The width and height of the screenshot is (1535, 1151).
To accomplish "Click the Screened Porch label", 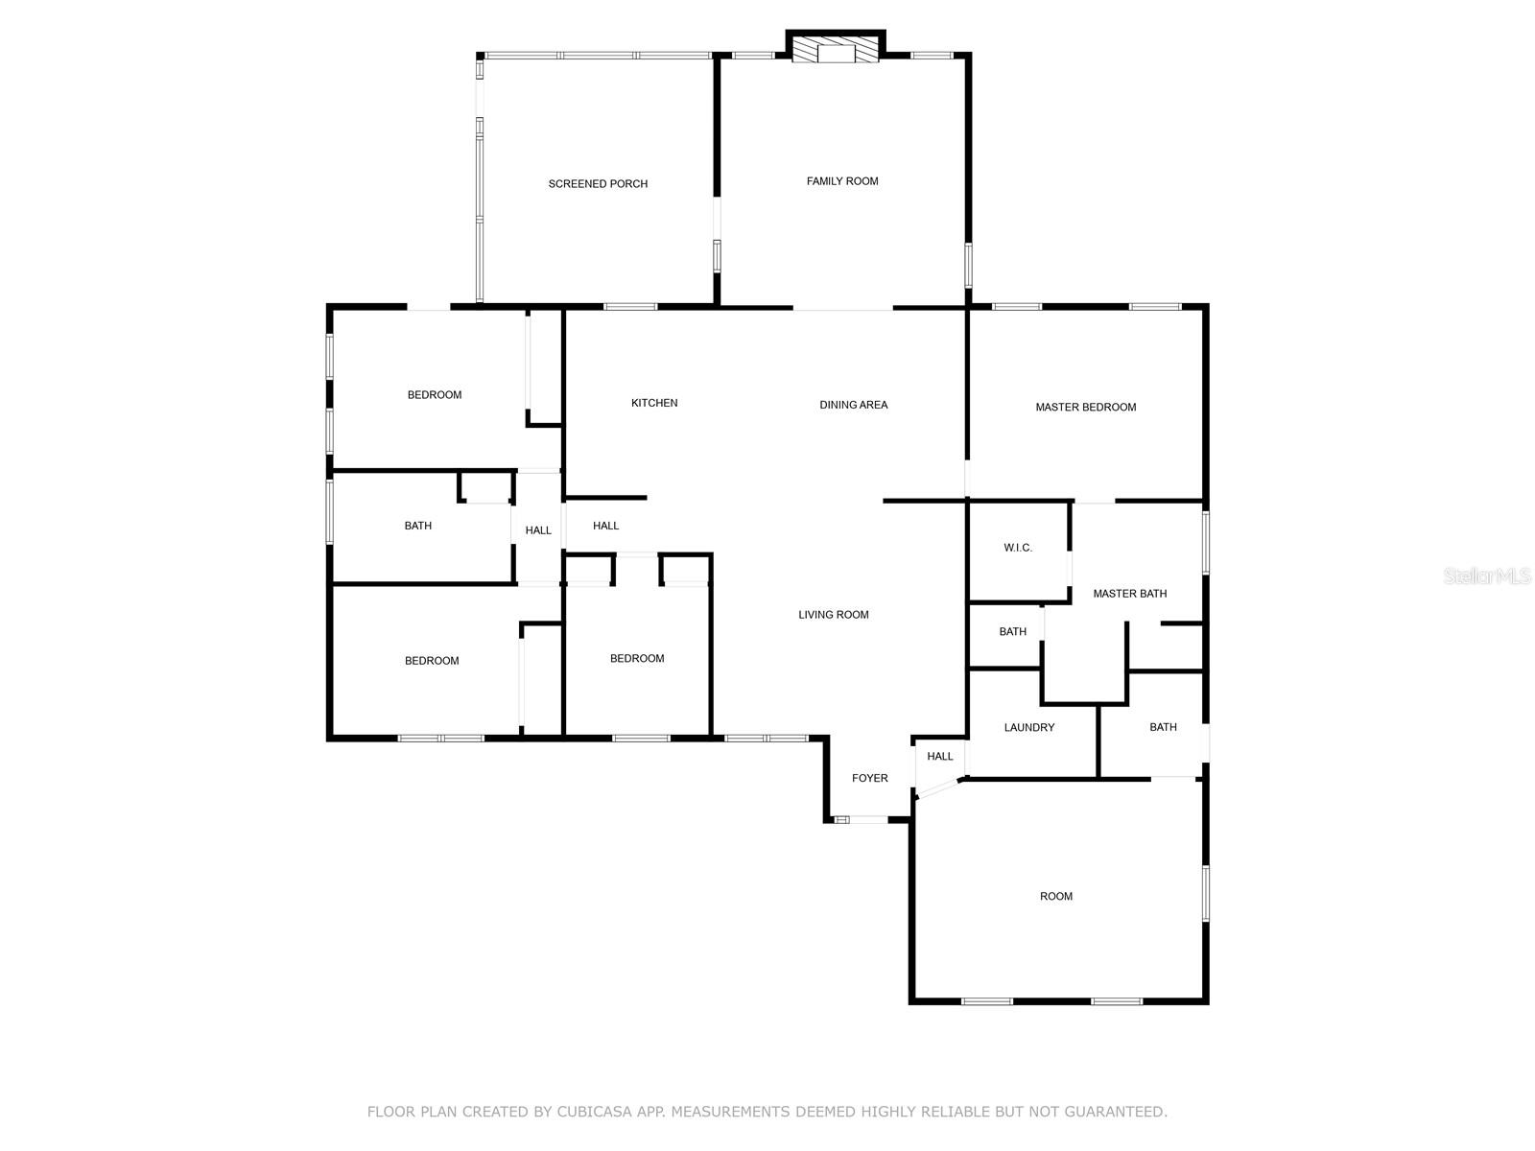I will (598, 184).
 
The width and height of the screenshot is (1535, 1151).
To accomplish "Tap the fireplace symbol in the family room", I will (835, 51).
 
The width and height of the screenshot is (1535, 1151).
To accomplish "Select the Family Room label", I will (842, 181).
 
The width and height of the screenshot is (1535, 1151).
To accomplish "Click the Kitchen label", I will (654, 403).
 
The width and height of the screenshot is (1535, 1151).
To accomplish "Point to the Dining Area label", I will (853, 405).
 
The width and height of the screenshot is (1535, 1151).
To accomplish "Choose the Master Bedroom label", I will (1085, 408).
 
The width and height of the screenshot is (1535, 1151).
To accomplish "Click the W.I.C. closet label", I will (1018, 548).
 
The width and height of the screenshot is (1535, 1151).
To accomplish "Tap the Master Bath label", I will (1129, 594).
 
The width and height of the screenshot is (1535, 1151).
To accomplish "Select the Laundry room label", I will (1028, 728).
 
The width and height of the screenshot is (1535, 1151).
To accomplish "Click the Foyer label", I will (870, 778).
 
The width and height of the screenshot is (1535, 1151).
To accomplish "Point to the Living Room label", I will (833, 615).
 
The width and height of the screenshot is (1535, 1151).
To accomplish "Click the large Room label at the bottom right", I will (1055, 897).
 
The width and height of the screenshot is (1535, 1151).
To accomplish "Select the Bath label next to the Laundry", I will (1163, 727).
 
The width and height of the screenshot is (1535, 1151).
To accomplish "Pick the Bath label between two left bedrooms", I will (417, 526).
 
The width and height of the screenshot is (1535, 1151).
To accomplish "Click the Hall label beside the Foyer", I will (939, 757).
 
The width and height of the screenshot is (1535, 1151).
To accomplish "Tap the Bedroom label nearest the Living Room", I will (637, 659).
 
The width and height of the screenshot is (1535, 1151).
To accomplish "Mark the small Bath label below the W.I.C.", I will (1012, 632).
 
